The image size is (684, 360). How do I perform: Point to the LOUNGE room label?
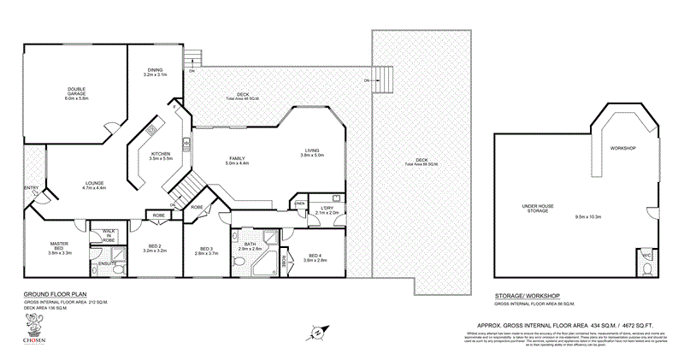(x=94, y=184)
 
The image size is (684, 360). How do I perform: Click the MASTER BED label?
(x=59, y=245)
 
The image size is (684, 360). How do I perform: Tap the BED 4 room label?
(x=315, y=257)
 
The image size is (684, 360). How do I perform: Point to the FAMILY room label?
(x=237, y=159)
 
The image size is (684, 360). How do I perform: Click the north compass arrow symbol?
(x=318, y=331)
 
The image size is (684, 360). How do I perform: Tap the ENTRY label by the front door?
(x=32, y=188)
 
